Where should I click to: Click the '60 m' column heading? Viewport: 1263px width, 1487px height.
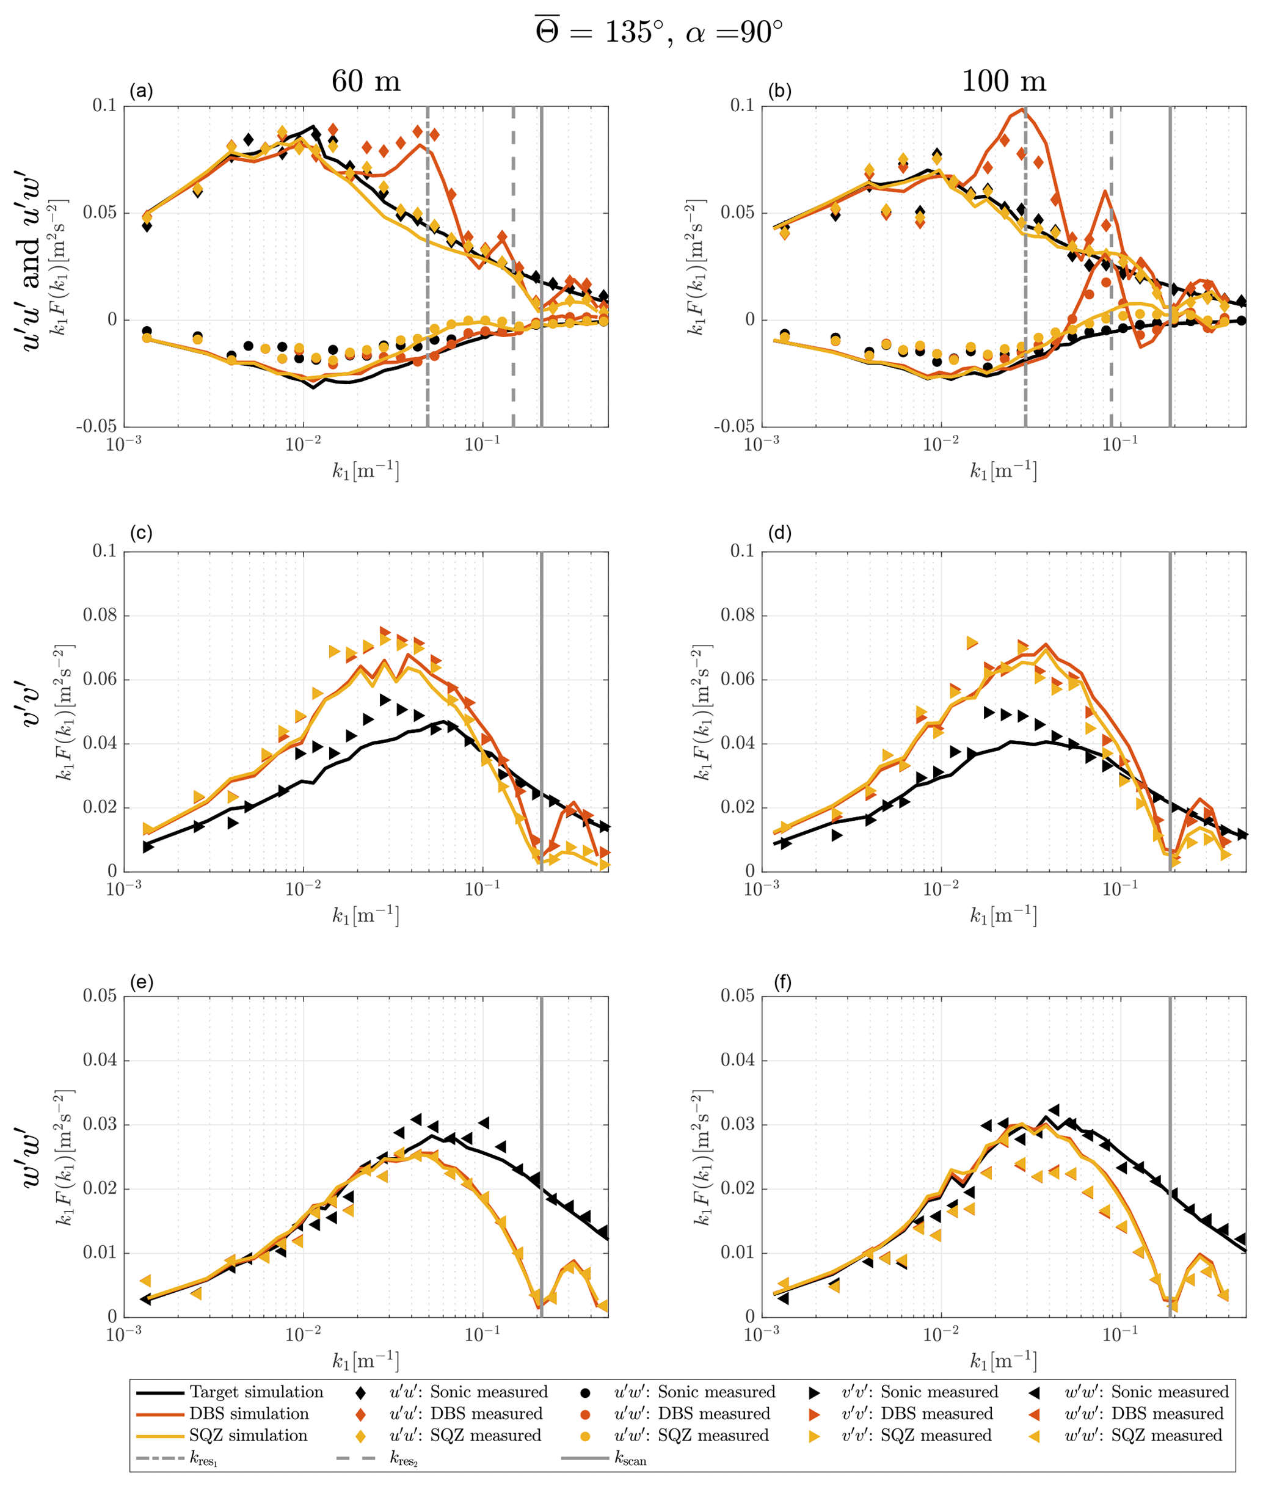click(x=365, y=82)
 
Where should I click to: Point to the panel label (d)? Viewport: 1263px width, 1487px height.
click(x=779, y=533)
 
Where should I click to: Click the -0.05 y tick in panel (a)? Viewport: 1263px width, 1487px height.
click(x=96, y=427)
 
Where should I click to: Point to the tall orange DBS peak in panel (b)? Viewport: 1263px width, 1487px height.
click(x=1019, y=109)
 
